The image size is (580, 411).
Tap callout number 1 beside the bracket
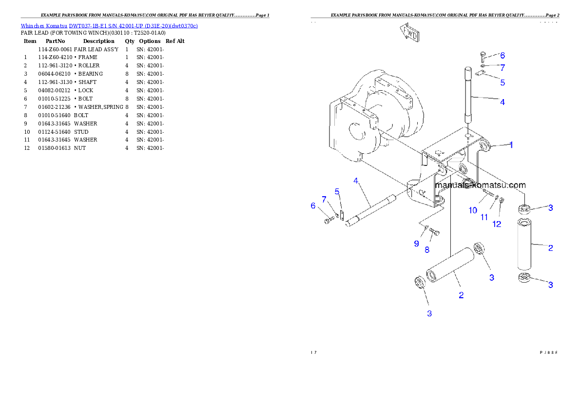pos(511,144)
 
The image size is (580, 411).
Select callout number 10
pos(473,210)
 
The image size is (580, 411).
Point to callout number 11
pos(484,217)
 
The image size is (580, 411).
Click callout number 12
pos(497,224)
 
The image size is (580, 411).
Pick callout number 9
pos(416,243)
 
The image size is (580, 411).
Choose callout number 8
pos(427,249)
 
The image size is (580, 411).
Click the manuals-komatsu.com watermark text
pos(480,185)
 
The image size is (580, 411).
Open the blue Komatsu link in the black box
pos(109,26)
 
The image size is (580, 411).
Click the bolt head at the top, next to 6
pos(483,55)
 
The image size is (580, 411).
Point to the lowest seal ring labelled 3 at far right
pos(524,278)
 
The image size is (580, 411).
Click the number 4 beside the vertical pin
pos(503,102)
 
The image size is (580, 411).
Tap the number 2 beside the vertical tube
pos(551,247)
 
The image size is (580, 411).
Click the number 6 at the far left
pos(313,206)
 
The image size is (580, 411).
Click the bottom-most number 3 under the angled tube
pos(429,313)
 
